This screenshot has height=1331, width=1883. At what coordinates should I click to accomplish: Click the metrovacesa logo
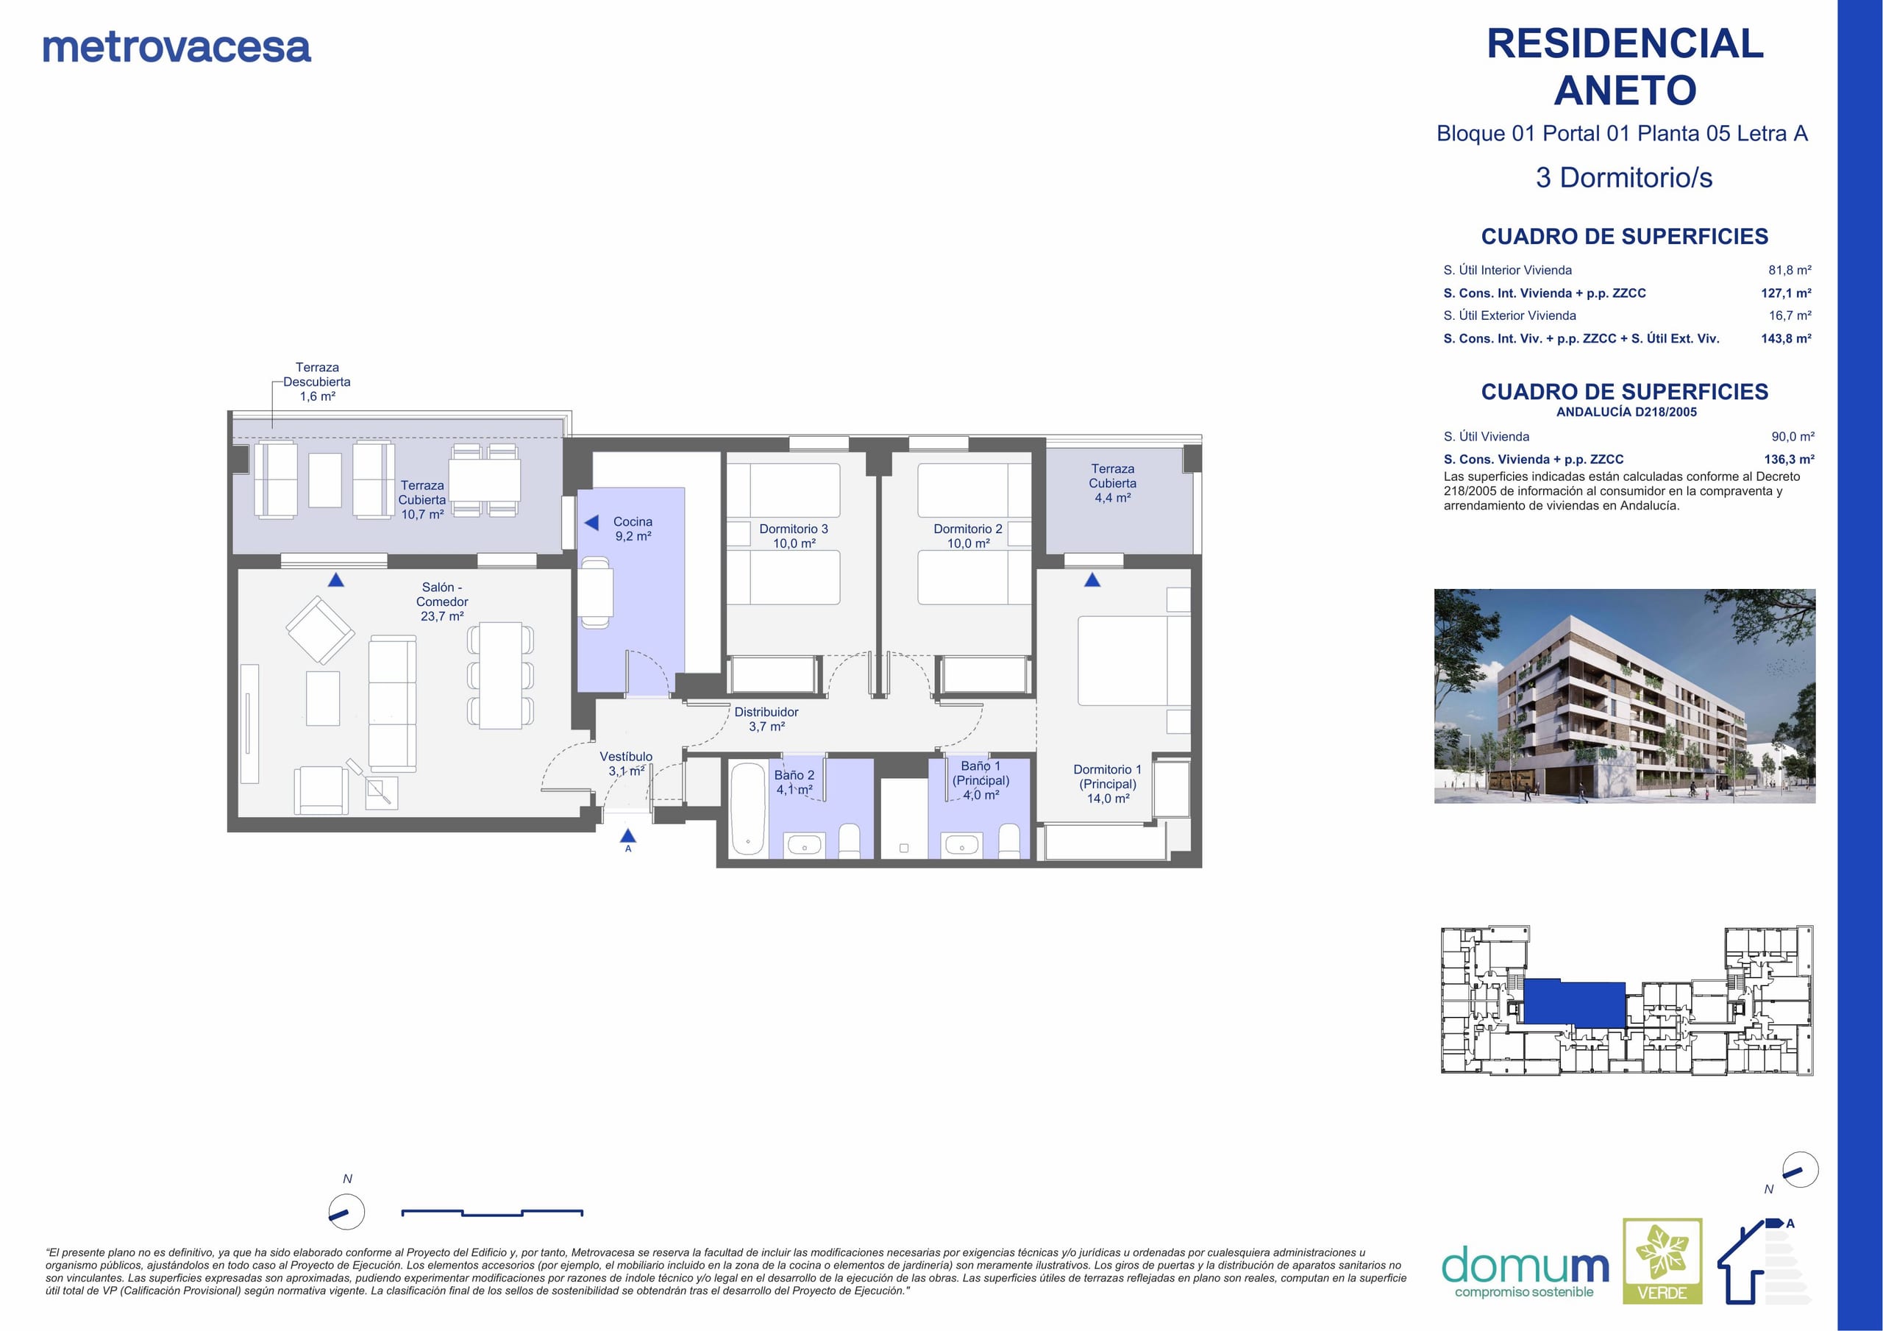pyautogui.click(x=177, y=48)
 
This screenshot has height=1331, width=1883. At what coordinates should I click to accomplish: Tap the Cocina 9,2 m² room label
pyautogui.click(x=633, y=529)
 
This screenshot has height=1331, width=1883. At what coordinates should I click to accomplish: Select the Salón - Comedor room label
pyautogui.click(x=442, y=601)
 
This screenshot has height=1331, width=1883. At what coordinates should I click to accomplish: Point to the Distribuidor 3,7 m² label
pyautogui.click(x=766, y=719)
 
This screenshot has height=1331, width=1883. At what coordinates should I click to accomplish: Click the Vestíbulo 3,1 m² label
pyautogui.click(x=626, y=763)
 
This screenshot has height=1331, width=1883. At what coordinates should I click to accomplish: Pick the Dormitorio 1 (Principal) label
pyautogui.click(x=1107, y=784)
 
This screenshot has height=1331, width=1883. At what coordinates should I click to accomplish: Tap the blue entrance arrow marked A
pyautogui.click(x=628, y=835)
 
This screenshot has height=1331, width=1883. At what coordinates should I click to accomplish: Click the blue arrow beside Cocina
pyautogui.click(x=591, y=522)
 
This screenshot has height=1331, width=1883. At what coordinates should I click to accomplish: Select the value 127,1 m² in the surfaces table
pyautogui.click(x=1786, y=293)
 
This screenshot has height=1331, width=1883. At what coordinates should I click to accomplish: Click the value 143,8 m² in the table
pyautogui.click(x=1786, y=338)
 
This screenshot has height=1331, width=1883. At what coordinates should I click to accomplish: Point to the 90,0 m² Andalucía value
pyautogui.click(x=1793, y=436)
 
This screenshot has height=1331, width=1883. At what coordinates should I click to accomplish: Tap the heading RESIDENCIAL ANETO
pyautogui.click(x=1625, y=67)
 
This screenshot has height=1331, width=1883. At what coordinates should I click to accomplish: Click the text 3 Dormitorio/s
pyautogui.click(x=1624, y=177)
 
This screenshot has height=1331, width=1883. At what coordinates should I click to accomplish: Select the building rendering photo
pyautogui.click(x=1625, y=696)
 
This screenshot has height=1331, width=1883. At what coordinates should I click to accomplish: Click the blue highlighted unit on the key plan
pyautogui.click(x=1574, y=1002)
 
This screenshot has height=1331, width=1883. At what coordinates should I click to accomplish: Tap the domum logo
pyautogui.click(x=1525, y=1270)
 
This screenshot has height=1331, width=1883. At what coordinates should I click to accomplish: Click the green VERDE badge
pyautogui.click(x=1662, y=1261)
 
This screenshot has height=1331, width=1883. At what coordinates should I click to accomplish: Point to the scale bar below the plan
pyautogui.click(x=492, y=1213)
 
